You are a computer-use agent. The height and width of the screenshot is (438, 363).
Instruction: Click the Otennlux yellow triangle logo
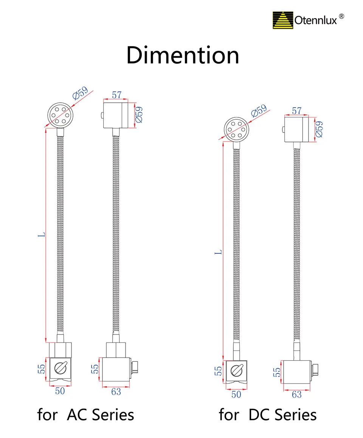[283, 20]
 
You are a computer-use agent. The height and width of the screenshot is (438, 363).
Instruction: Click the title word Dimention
[183, 56]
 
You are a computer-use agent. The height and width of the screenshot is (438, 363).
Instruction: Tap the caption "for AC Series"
[86, 415]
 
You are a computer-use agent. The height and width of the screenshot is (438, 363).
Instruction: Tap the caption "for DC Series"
[268, 415]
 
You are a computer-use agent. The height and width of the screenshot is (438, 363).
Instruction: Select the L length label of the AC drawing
[43, 234]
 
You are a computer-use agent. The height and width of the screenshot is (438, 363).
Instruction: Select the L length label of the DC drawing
[218, 252]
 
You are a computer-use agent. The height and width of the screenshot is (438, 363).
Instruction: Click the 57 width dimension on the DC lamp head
[297, 111]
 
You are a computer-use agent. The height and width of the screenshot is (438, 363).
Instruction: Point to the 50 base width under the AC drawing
[60, 391]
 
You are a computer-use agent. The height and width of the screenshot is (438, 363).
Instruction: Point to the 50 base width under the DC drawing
[236, 394]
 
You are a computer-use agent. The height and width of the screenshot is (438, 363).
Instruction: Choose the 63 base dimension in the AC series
[116, 392]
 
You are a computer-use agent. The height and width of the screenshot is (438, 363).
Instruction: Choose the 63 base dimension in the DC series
[297, 394]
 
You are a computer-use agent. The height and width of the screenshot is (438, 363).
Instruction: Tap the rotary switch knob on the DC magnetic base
[236, 371]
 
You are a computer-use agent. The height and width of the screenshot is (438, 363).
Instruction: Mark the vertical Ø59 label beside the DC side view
[319, 129]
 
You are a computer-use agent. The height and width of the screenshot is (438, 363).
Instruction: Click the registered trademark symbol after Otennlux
[341, 16]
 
